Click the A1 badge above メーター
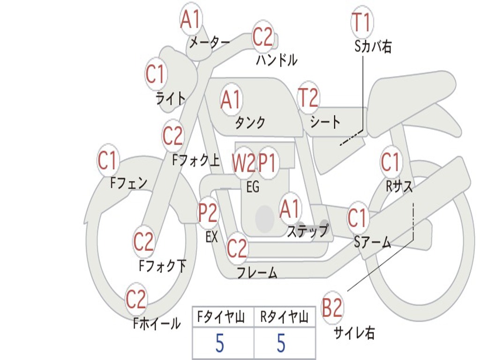pyautogui.click(x=191, y=20)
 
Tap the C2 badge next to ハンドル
pyautogui.click(x=262, y=37)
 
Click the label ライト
pyautogui.click(x=171, y=98)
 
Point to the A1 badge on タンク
pyautogui.click(x=231, y=99)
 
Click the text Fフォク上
pyautogui.click(x=196, y=161)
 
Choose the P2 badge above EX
pyautogui.click(x=208, y=213)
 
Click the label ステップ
pyautogui.click(x=307, y=231)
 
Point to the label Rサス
pyautogui.click(x=399, y=186)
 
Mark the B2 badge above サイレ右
pyautogui.click(x=332, y=308)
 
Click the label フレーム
pyautogui.click(x=257, y=272)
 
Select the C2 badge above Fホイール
pyautogui.click(x=136, y=300)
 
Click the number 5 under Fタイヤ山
pyautogui.click(x=219, y=344)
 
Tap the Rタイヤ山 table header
pyautogui.click(x=285, y=318)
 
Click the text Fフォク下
pyautogui.click(x=163, y=266)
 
